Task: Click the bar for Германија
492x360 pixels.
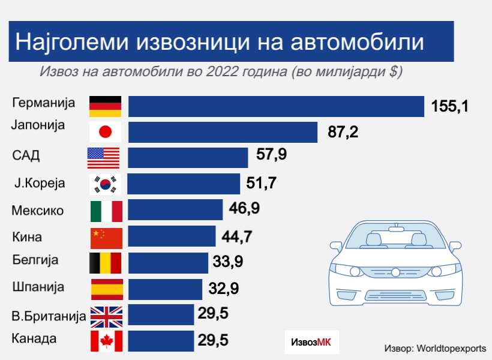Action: pos(276,106)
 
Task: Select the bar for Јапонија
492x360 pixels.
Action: pos(223,132)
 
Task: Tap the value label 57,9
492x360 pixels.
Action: pos(271,155)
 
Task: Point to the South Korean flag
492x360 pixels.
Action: pos(106,184)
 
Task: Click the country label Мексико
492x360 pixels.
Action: pos(38,211)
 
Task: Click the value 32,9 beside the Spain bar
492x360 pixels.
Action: pos(224,289)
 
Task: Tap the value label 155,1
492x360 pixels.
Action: pos(449,107)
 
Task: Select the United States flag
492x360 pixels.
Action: pos(104,158)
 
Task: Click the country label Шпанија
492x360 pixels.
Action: pos(38,287)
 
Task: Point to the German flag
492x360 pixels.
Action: pos(106,106)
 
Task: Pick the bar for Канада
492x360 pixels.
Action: pos(161,341)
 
